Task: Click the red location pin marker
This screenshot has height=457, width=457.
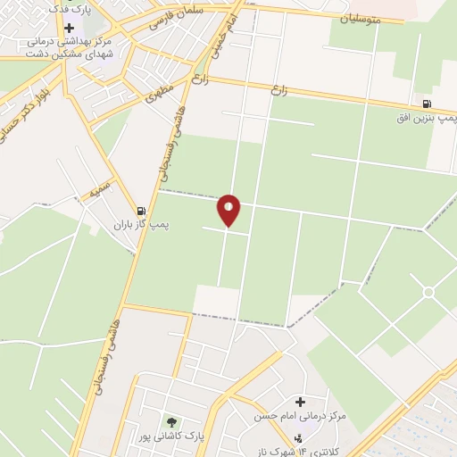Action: coord(229,210)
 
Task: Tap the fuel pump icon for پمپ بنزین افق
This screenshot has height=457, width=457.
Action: coord(427,104)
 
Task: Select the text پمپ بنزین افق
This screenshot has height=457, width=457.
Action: coord(427,118)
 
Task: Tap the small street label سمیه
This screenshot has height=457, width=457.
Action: coord(98,191)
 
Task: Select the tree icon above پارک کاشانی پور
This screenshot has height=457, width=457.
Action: coord(170,420)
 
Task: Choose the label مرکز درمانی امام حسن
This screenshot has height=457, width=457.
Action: coord(312,417)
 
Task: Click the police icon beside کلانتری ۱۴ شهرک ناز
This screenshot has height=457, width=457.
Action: coord(297,437)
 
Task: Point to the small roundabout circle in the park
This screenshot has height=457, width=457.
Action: coord(428,292)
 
